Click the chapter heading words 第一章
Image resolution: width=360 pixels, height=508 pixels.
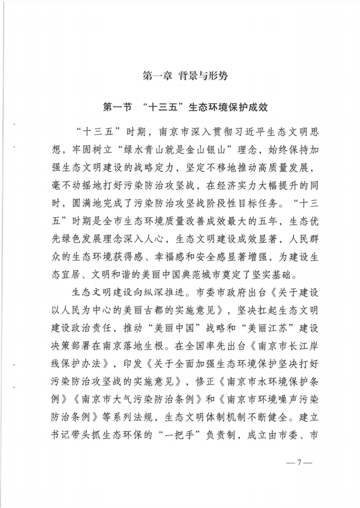pos(157,77)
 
